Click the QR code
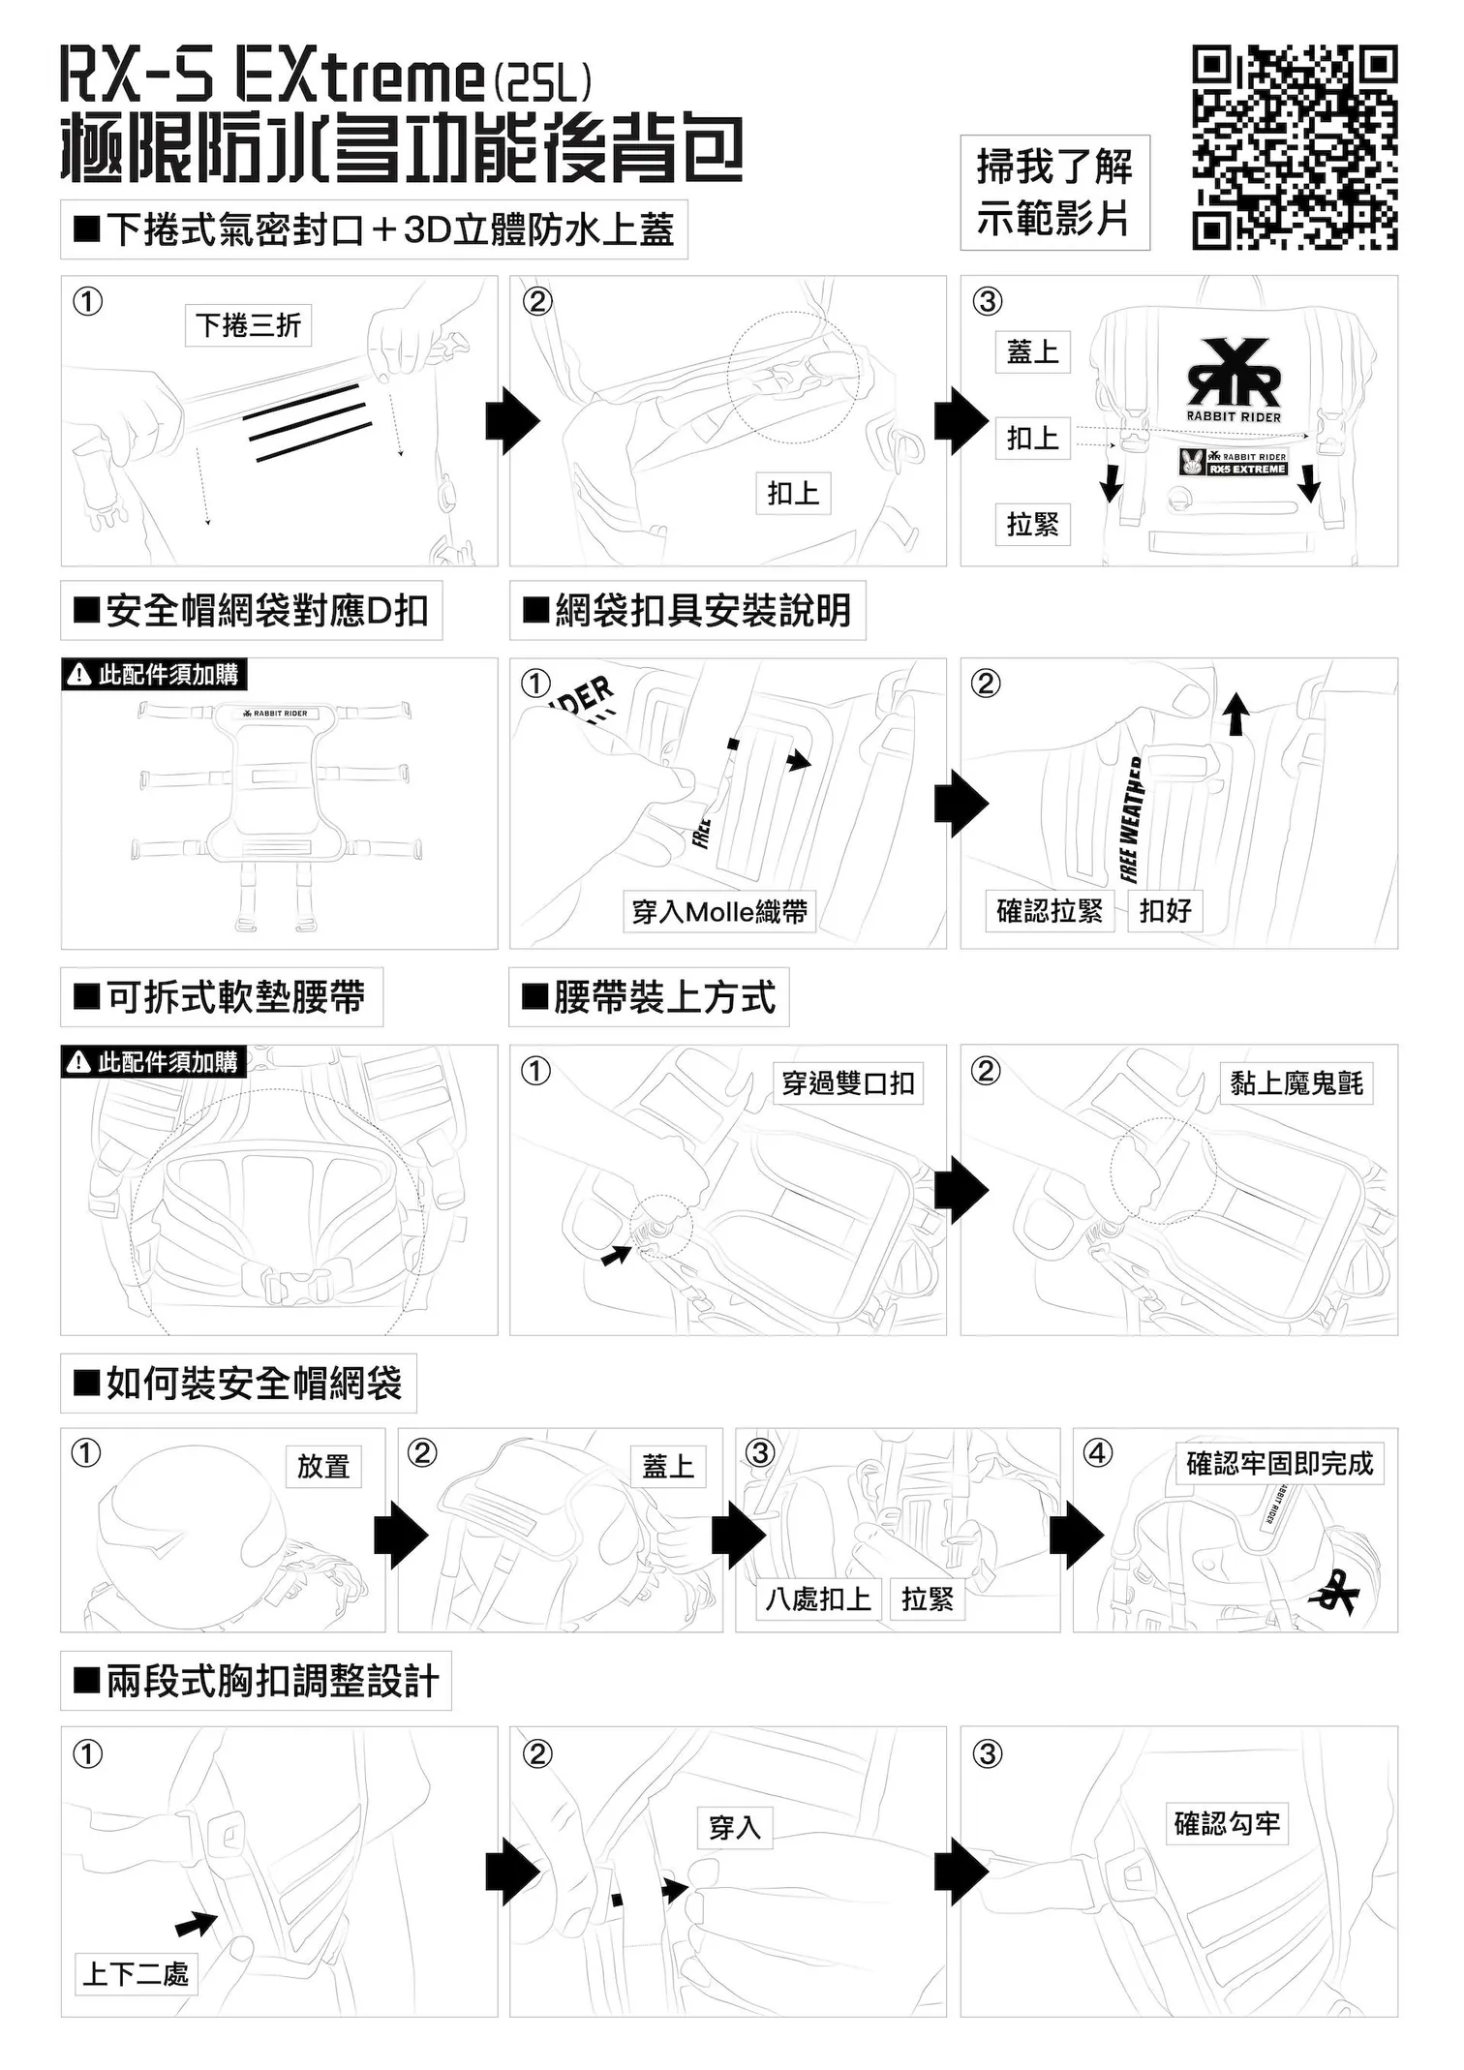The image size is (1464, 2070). (1295, 147)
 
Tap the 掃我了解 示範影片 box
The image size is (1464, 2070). (1054, 194)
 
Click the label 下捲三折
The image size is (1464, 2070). (248, 325)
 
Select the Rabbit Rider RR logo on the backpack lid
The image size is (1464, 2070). (1234, 374)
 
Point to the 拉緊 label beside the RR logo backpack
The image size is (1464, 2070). (1032, 525)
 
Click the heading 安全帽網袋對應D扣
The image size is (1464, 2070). (252, 611)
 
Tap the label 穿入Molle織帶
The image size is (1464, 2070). (718, 912)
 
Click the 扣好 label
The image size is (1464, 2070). (1165, 911)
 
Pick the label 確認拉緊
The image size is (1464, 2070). (1050, 911)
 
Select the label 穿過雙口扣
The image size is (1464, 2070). (848, 1083)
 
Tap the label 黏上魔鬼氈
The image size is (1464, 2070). (1296, 1083)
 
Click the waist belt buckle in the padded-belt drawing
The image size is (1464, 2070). (298, 1283)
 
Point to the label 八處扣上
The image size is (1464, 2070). (818, 1599)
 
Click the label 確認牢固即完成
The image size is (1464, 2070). (1279, 1464)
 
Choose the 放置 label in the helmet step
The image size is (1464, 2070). (323, 1467)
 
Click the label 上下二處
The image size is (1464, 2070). (136, 1973)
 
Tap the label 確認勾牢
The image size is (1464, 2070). (1227, 1824)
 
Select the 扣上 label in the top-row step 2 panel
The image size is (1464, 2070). (793, 494)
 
